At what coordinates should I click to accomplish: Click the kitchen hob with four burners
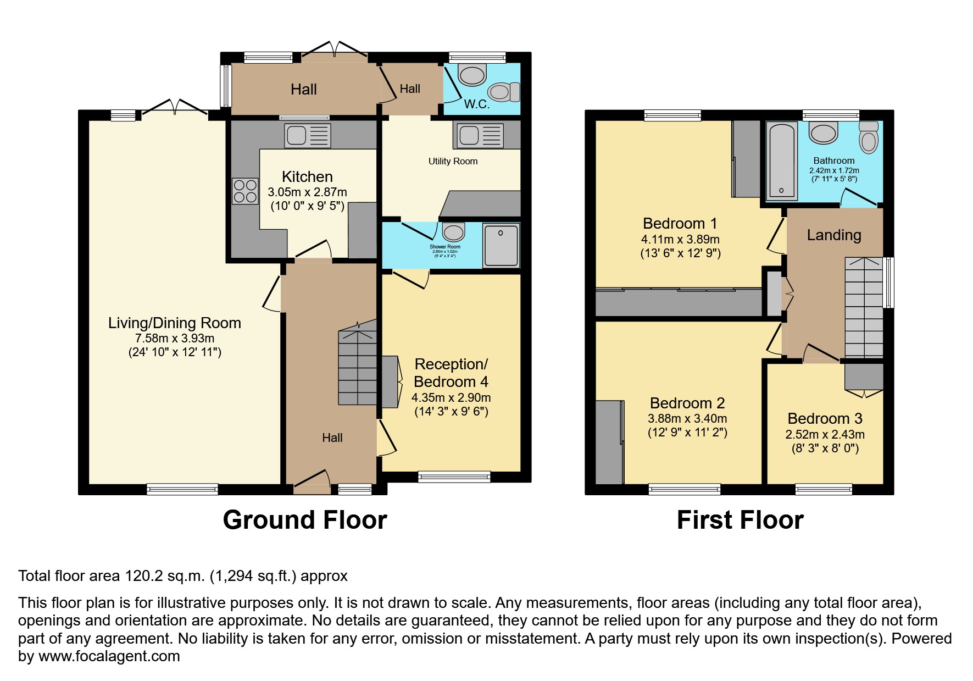(245, 191)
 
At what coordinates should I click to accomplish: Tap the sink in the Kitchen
(308, 136)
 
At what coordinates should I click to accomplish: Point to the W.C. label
(476, 104)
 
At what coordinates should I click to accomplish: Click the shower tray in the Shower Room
(501, 245)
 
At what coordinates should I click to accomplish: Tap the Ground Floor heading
(305, 520)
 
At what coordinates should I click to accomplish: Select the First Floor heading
(740, 520)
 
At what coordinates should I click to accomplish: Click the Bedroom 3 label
(825, 419)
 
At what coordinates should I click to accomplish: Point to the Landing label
(833, 235)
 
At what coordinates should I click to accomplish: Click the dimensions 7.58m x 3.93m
(175, 338)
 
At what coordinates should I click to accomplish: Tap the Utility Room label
(453, 161)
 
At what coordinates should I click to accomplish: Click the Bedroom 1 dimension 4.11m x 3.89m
(680, 239)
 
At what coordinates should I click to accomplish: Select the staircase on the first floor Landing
(864, 308)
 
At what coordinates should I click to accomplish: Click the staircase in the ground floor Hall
(357, 366)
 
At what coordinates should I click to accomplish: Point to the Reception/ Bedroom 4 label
(451, 373)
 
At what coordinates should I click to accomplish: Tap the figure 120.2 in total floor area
(144, 576)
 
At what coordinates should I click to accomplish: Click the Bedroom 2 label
(687, 403)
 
